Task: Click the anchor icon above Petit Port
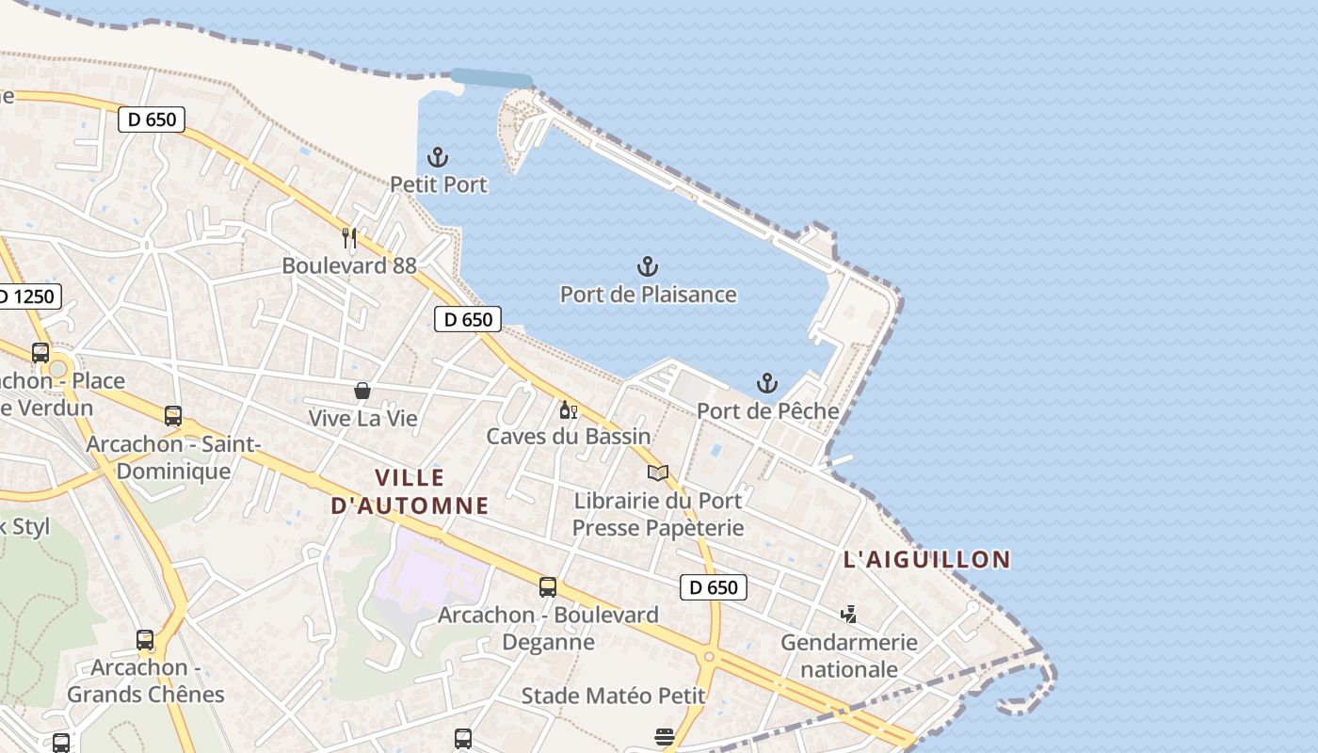pyautogui.click(x=438, y=157)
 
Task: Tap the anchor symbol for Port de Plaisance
pyautogui.click(x=648, y=267)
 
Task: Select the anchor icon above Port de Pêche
pyautogui.click(x=767, y=383)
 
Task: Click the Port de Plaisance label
pyautogui.click(x=648, y=295)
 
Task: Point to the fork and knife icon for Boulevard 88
pyautogui.click(x=349, y=237)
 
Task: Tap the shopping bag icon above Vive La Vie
pyautogui.click(x=362, y=390)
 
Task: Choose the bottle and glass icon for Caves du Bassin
pyautogui.click(x=568, y=409)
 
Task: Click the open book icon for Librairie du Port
pyautogui.click(x=658, y=473)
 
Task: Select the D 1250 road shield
pyautogui.click(x=26, y=297)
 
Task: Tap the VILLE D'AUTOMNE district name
pyautogui.click(x=410, y=491)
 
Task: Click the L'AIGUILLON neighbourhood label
pyautogui.click(x=926, y=559)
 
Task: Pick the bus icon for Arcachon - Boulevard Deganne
pyautogui.click(x=548, y=587)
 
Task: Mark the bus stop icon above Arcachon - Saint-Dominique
pyautogui.click(x=173, y=415)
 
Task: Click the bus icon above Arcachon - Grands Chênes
pyautogui.click(x=145, y=640)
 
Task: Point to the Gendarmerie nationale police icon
pyautogui.click(x=849, y=614)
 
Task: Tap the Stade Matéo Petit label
pyautogui.click(x=613, y=696)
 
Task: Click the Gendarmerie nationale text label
pyautogui.click(x=849, y=656)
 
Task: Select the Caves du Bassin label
pyautogui.click(x=569, y=436)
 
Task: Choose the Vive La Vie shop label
pyautogui.click(x=362, y=418)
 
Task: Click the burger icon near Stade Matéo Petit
pyautogui.click(x=665, y=735)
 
